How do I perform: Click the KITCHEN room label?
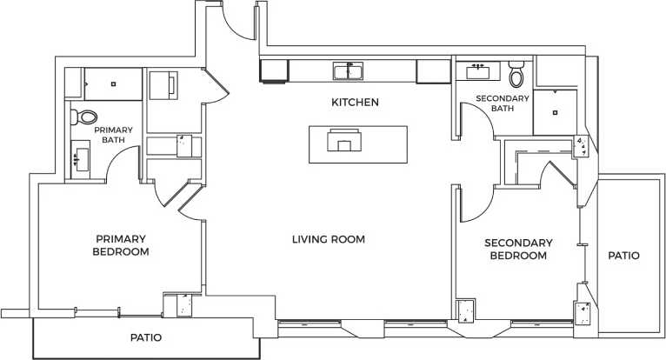[x=355, y=103]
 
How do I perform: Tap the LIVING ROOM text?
[x=328, y=239]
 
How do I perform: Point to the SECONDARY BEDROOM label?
[x=518, y=250]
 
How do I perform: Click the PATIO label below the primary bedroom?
[x=145, y=337]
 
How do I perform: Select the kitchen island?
[x=358, y=143]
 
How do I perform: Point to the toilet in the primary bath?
[x=85, y=117]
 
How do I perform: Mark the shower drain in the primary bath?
[x=112, y=84]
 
